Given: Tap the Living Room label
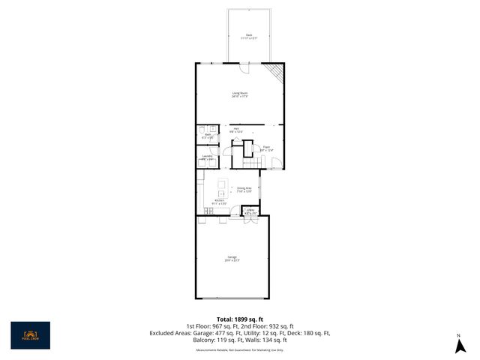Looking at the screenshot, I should pyautogui.click(x=240, y=94).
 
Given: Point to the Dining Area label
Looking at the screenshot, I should pyautogui.click(x=244, y=190).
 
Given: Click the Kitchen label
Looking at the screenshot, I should pyautogui.click(x=220, y=201).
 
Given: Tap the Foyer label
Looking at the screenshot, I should pyautogui.click(x=266, y=148).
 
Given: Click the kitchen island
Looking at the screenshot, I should pyautogui.click(x=222, y=187).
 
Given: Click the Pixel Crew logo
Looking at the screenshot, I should pyautogui.click(x=30, y=335).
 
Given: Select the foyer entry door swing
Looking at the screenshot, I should pyautogui.click(x=278, y=164).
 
